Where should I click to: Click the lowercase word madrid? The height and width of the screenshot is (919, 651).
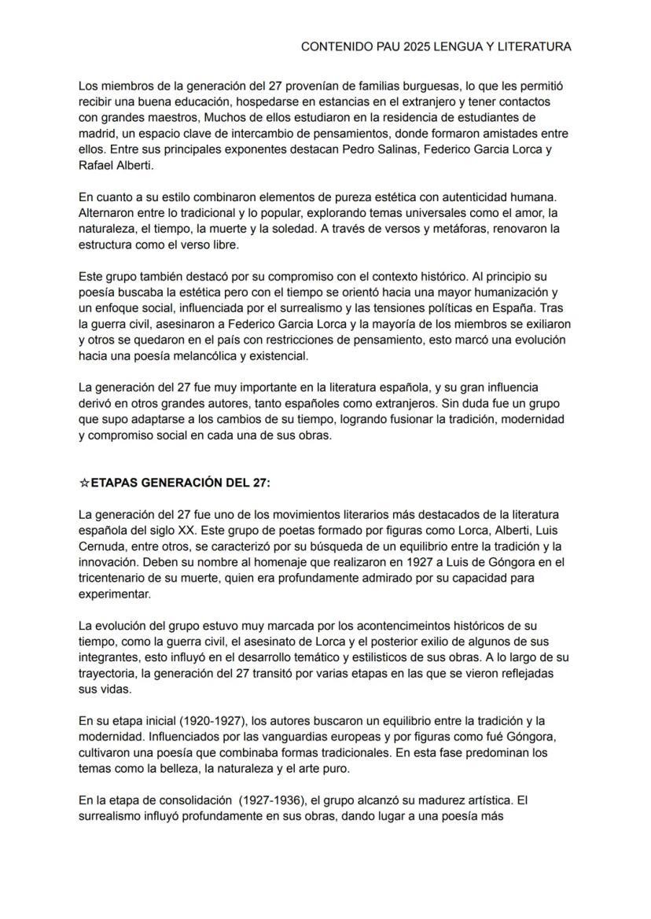pos(97,133)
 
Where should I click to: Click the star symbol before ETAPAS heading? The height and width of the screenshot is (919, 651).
pos(85,483)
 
